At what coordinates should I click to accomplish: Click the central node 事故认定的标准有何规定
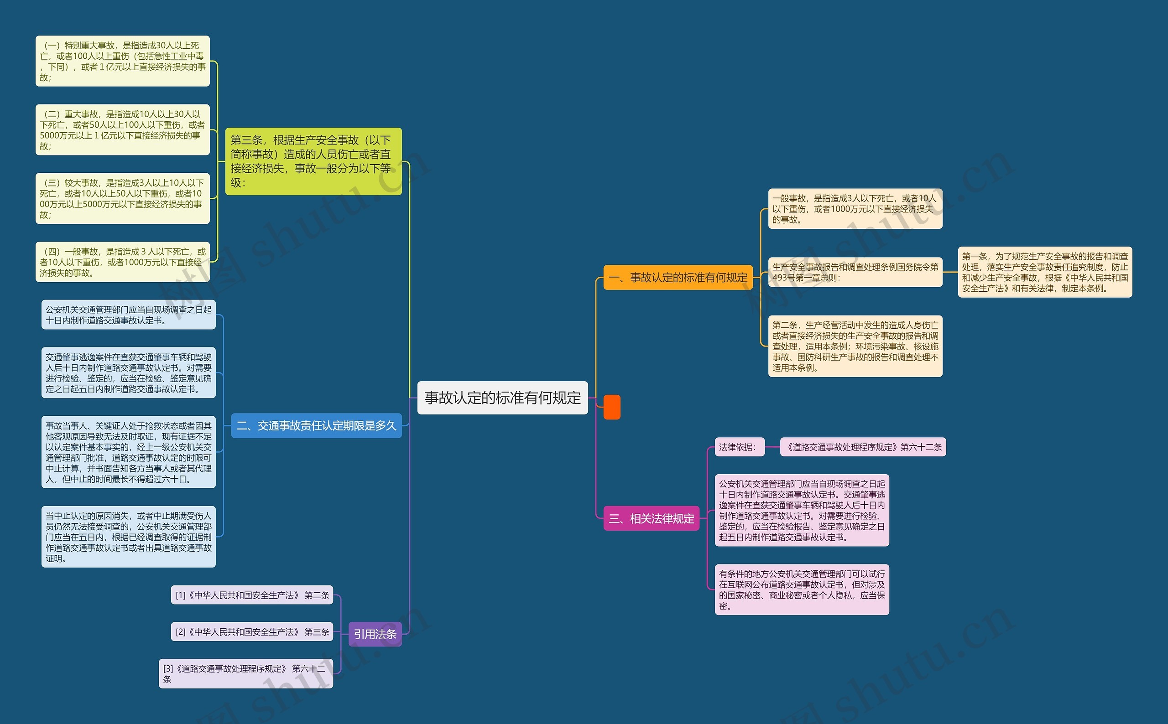(502, 398)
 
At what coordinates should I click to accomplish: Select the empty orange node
(611, 407)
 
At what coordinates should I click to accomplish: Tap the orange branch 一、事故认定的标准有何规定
(678, 277)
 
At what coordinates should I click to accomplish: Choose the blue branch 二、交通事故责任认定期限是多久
(316, 426)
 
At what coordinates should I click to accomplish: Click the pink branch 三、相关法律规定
(651, 518)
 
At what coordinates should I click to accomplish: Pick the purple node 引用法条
(375, 634)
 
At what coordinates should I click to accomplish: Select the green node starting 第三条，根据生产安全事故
(313, 161)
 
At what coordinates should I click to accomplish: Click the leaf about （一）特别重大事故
(123, 61)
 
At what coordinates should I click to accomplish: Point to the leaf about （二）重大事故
(123, 130)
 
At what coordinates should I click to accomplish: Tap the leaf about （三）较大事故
(123, 198)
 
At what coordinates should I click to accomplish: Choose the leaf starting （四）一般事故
(123, 262)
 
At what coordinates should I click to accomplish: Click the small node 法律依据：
(739, 447)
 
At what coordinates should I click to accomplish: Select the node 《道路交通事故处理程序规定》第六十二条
(863, 447)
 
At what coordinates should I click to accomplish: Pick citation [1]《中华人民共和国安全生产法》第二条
(252, 595)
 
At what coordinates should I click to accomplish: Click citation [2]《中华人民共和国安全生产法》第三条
(252, 631)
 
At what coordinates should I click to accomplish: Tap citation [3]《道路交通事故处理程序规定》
(246, 673)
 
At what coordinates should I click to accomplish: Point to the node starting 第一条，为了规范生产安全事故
(1045, 272)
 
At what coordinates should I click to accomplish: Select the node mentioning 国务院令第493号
(855, 272)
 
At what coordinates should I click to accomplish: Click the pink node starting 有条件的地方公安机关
(802, 590)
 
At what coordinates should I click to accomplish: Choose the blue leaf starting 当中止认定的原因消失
(128, 537)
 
